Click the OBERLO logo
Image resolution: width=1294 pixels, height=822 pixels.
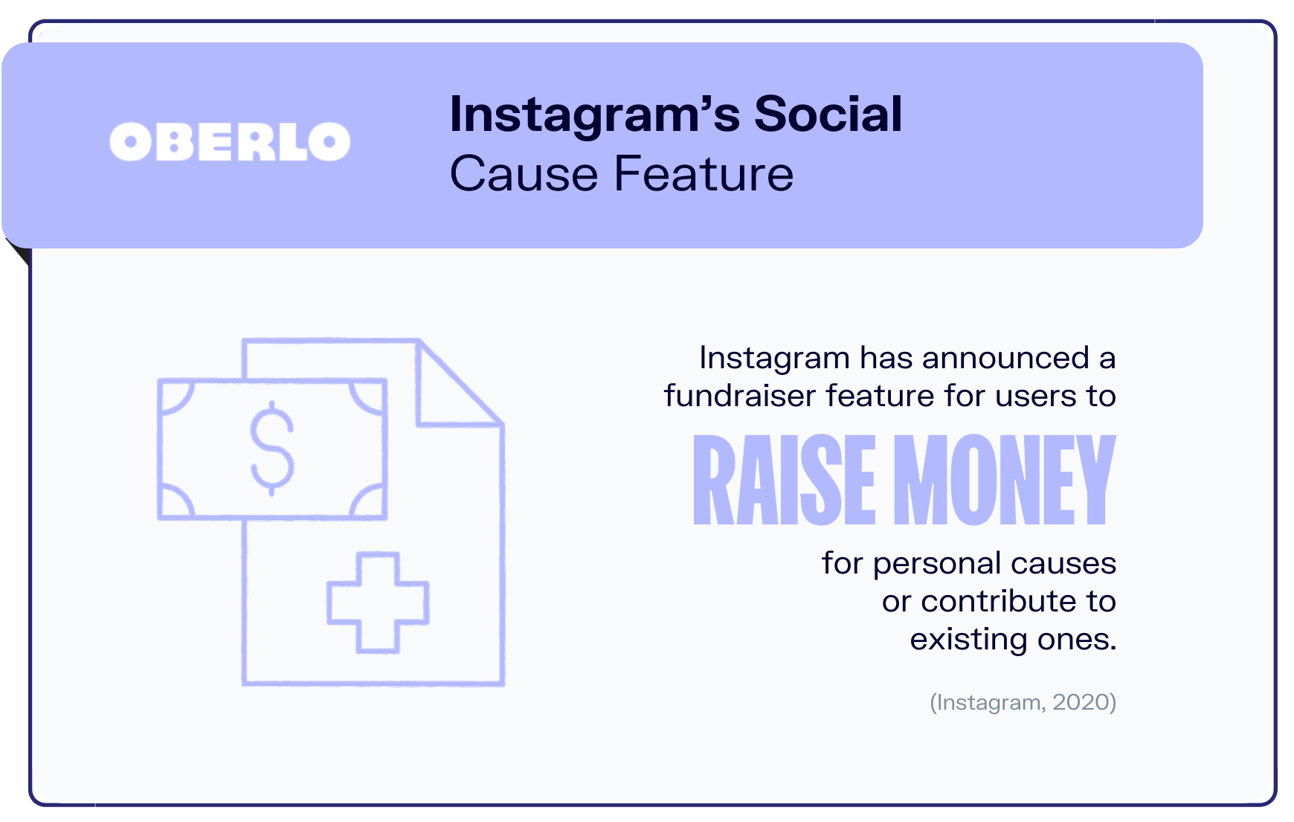click(230, 141)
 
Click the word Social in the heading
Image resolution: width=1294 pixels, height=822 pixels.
click(828, 115)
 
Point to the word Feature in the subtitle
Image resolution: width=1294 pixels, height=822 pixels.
click(704, 174)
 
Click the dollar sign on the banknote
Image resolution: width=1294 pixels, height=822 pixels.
click(271, 448)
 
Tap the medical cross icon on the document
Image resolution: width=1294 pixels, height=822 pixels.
click(379, 603)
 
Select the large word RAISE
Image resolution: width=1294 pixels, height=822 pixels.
click(785, 480)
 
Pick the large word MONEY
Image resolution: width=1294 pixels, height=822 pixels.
click(1004, 480)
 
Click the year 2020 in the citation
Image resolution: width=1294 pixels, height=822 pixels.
click(1081, 702)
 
